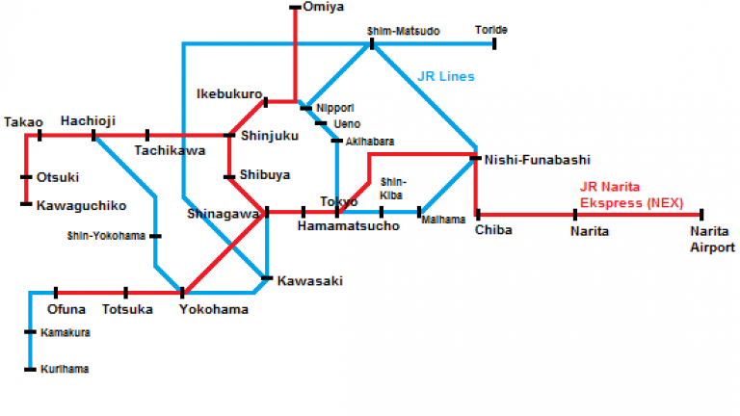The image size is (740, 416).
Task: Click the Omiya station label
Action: [x=323, y=8]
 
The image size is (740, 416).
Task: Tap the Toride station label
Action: [x=491, y=30]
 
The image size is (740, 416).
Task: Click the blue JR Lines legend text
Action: [x=446, y=76]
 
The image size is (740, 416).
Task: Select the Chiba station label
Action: [x=492, y=230]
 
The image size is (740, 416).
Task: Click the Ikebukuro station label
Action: [x=228, y=93]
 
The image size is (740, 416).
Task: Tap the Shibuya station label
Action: [x=264, y=174]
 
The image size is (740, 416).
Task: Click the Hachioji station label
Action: [x=88, y=120]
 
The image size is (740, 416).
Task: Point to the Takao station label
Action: [x=23, y=121]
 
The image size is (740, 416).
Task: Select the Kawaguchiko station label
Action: [x=81, y=205]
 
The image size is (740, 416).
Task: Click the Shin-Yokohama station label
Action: [x=106, y=235]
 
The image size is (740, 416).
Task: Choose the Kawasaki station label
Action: [x=309, y=281]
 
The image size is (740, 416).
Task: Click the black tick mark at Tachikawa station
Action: [x=147, y=136]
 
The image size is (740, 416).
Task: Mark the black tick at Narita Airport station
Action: [x=702, y=215]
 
